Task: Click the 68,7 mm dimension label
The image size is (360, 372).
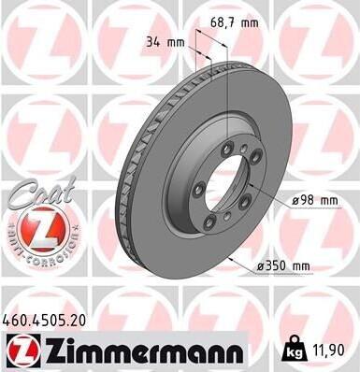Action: (235, 22)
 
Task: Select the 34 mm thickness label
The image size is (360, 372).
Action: (166, 42)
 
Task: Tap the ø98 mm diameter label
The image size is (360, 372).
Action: (315, 200)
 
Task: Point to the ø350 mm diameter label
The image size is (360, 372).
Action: (283, 266)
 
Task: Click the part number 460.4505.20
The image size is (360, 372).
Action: (44, 321)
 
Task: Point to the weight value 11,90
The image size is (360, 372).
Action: (327, 350)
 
